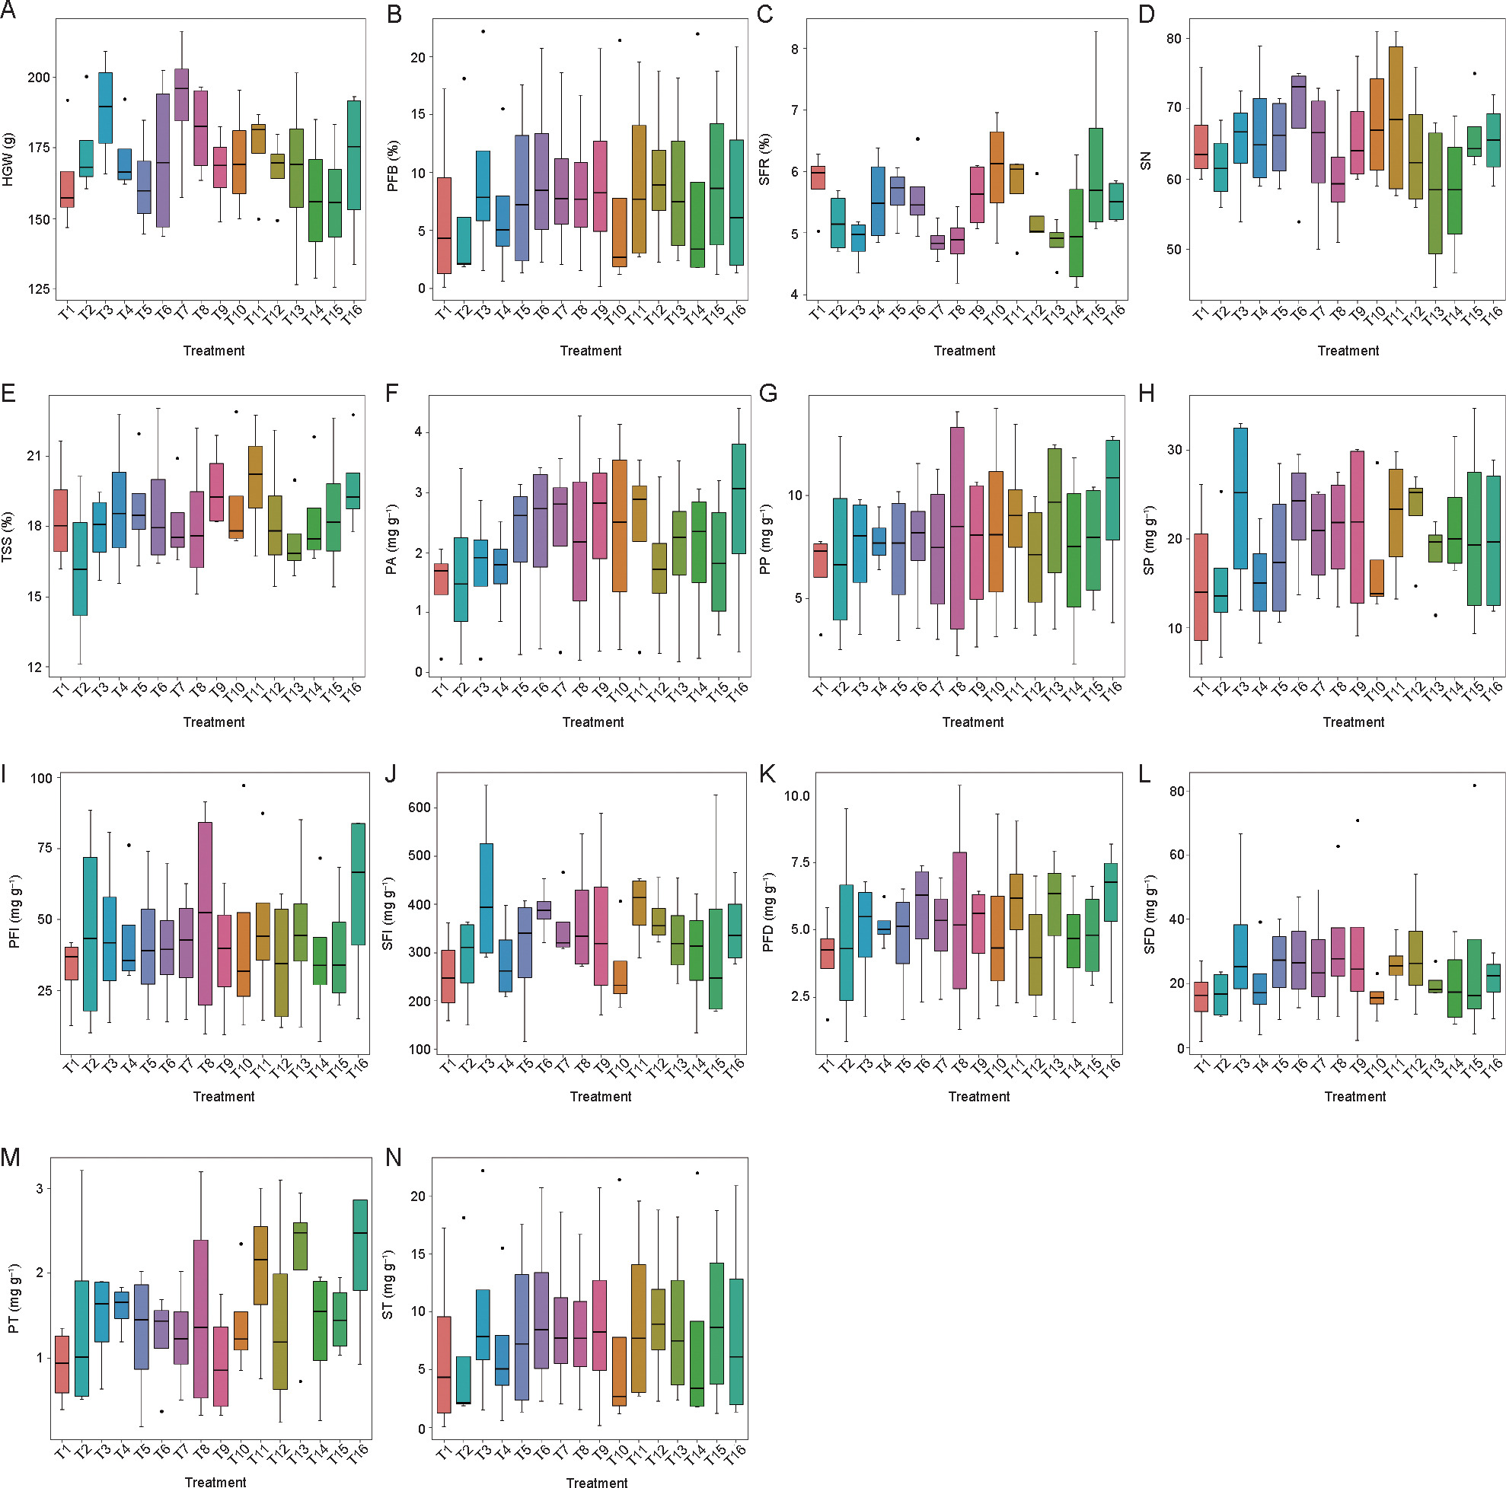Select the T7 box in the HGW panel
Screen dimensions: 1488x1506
pyautogui.click(x=182, y=94)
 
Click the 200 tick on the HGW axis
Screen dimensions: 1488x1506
pyautogui.click(x=38, y=78)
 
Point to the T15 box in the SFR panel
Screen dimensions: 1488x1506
pyautogui.click(x=1095, y=175)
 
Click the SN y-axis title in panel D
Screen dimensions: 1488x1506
pyautogui.click(x=1146, y=161)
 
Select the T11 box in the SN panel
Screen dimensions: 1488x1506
pyautogui.click(x=1396, y=117)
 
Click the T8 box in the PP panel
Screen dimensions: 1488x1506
pyautogui.click(x=957, y=528)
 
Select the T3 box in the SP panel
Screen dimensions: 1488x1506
pyautogui.click(x=1241, y=499)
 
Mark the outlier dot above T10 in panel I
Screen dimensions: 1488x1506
pyautogui.click(x=243, y=785)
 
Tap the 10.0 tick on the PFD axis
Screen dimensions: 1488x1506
pyautogui.click(x=796, y=795)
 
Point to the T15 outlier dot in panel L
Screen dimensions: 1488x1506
pyautogui.click(x=1474, y=785)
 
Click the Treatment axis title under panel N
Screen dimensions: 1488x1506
pyautogui.click(x=596, y=1483)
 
